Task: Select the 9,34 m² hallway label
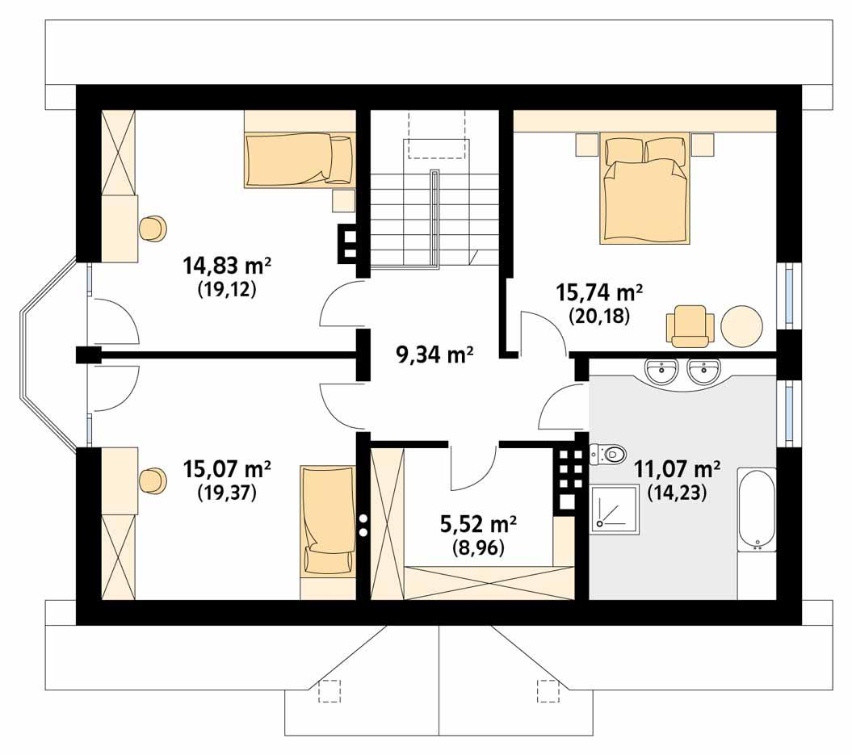[434, 354]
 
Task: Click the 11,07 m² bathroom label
[677, 470]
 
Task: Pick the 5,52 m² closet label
[478, 525]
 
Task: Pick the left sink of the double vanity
[662, 372]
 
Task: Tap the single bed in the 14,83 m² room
[300, 158]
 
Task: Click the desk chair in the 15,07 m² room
[152, 481]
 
